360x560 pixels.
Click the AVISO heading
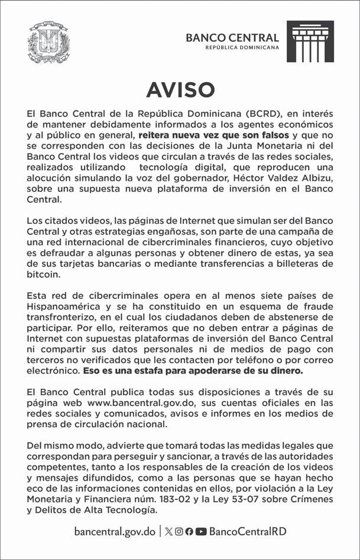click(180, 89)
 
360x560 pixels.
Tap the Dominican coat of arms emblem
click(48, 42)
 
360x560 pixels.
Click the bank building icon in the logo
click(310, 41)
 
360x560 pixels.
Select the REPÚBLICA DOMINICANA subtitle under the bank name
click(242, 48)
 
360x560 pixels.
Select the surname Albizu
click(317, 178)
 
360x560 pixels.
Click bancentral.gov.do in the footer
click(115, 531)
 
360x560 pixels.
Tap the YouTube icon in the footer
click(201, 531)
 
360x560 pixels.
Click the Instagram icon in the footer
click(179, 531)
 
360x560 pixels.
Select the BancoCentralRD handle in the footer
click(248, 531)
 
